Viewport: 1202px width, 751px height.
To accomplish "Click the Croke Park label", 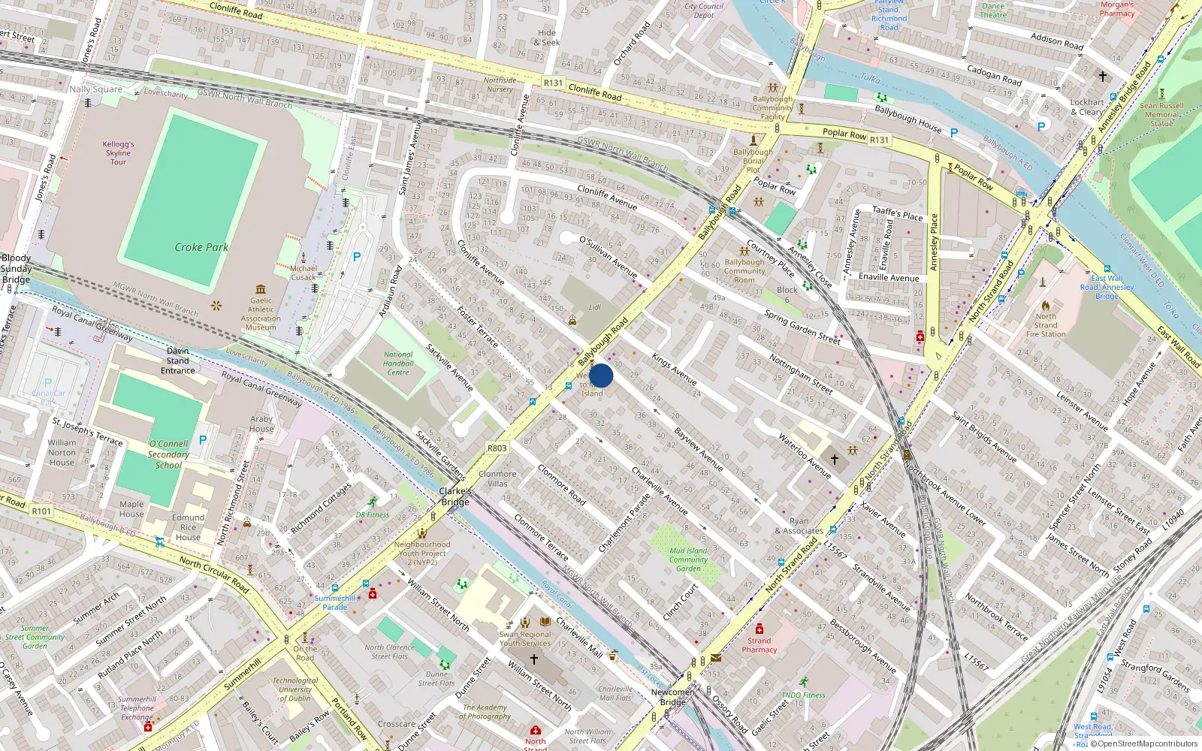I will click(201, 247).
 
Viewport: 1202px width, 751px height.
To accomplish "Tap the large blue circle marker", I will click(601, 375).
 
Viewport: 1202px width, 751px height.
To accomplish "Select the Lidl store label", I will click(595, 307).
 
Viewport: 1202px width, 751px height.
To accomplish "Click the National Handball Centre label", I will click(398, 363).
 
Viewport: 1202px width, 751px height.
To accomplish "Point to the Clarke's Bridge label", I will click(455, 496).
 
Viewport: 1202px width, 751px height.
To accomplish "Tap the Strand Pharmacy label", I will click(759, 645).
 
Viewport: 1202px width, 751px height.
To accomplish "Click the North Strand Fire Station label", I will click(1046, 325).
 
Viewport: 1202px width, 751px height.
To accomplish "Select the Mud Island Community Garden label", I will click(688, 559).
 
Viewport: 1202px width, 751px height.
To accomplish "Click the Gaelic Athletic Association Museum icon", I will click(261, 289).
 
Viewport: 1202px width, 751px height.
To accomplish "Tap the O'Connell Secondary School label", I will click(168, 454).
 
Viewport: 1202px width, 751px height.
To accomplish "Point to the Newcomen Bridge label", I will click(672, 697).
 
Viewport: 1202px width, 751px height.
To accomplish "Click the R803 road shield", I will click(497, 448).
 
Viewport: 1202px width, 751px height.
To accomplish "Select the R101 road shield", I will click(41, 511).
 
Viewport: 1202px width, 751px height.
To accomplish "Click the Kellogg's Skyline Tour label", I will click(119, 152).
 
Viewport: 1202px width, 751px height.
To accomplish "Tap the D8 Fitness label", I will click(373, 515).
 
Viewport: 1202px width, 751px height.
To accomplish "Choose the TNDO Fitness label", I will click(803, 695).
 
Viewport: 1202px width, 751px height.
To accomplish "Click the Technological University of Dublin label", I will click(295, 689).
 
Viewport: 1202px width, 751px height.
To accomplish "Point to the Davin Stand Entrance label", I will click(178, 360).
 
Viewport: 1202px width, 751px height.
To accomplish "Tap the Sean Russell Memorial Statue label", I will click(1161, 115).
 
